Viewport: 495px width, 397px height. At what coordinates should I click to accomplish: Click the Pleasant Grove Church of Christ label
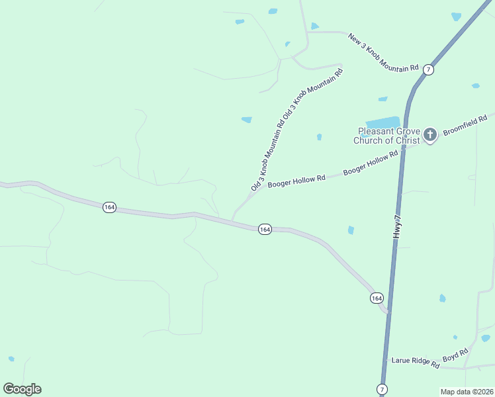tap(386, 136)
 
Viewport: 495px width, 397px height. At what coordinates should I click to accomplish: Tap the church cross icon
tap(430, 136)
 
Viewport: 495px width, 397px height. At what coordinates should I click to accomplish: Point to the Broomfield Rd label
tap(465, 123)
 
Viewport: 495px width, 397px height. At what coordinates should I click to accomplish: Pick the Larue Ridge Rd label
tap(416, 362)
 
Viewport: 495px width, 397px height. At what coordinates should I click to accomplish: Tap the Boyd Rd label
tap(455, 355)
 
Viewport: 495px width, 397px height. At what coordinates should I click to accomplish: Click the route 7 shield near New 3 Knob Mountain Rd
tap(429, 69)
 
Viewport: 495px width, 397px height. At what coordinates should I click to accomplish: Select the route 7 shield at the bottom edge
tap(382, 388)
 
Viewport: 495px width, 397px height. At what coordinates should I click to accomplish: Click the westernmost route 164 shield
tap(109, 208)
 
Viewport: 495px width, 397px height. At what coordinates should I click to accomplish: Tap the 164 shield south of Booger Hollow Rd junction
tap(265, 229)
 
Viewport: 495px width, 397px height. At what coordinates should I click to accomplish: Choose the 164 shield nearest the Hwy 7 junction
tap(377, 298)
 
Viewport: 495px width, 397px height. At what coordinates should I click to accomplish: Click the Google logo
tap(22, 388)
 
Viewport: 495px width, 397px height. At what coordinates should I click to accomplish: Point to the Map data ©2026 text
tap(467, 392)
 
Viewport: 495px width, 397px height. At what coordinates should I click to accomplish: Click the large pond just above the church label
tap(383, 123)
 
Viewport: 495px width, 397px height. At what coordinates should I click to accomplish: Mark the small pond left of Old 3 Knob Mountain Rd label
tap(246, 120)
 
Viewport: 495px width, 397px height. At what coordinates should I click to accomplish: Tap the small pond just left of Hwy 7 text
tap(351, 230)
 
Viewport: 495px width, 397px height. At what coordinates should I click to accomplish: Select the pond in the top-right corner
tap(456, 16)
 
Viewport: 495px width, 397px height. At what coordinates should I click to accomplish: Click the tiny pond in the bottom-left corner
tap(11, 359)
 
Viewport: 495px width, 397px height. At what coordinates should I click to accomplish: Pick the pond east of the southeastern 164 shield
tap(442, 298)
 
